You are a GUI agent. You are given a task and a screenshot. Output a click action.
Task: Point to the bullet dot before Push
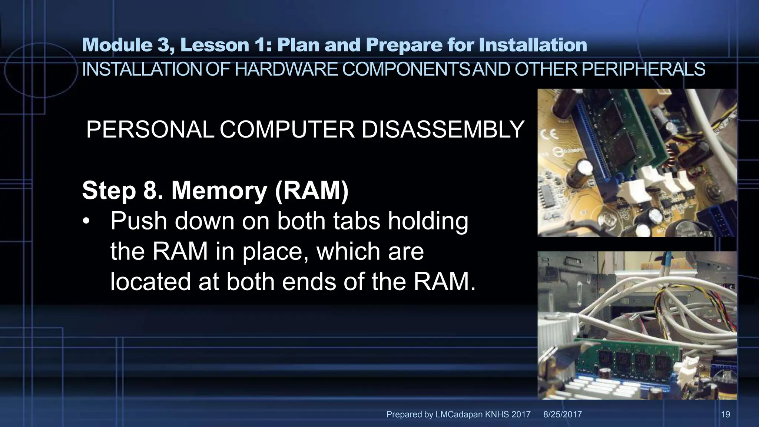click(x=86, y=222)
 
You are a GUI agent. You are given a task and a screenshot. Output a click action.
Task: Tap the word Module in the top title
click(x=117, y=45)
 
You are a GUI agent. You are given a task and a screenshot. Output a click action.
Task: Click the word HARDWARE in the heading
click(x=286, y=69)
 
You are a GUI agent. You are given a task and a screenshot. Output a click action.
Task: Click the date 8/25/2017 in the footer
click(x=563, y=414)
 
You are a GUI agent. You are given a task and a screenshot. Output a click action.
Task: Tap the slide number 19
click(x=725, y=414)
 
